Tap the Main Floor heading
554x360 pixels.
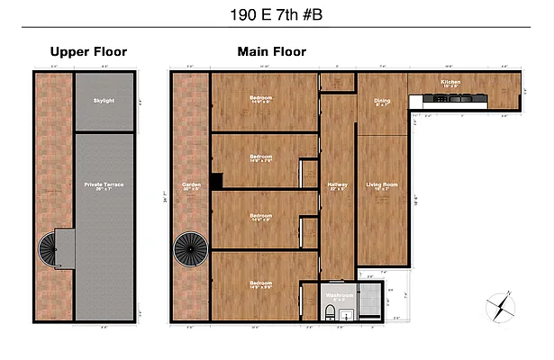271,52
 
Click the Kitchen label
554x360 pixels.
450,82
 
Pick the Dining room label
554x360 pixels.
382,102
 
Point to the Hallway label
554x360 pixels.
337,185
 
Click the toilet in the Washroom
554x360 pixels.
331,311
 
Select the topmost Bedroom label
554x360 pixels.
261,99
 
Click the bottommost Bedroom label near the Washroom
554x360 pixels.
261,284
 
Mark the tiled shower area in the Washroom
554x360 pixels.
368,301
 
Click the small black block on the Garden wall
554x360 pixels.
216,179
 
